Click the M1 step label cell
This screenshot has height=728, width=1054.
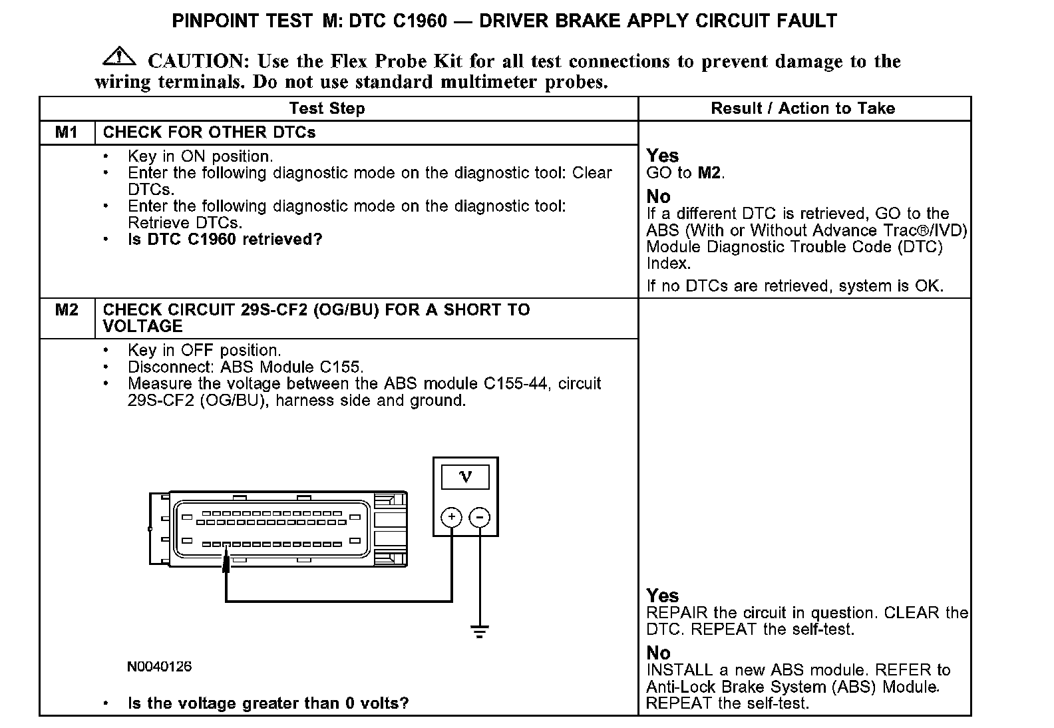coord(67,132)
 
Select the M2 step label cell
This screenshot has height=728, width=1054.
coord(67,310)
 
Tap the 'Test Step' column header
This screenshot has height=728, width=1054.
coord(327,108)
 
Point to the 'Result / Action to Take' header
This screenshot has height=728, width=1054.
coord(802,108)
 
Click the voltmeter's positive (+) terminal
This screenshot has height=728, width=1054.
coord(451,517)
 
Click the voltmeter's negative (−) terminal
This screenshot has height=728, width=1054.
coord(480,517)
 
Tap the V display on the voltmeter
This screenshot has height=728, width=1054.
coord(465,476)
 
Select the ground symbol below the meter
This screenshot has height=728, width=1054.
coord(479,631)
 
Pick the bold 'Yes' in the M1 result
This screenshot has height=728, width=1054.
coord(662,156)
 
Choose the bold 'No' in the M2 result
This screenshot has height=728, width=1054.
coord(658,653)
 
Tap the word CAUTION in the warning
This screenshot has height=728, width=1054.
coord(198,61)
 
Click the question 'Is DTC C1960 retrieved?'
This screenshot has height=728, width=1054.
coord(225,240)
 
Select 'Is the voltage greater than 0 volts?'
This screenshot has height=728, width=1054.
coord(268,703)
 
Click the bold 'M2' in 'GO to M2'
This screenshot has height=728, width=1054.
coord(709,173)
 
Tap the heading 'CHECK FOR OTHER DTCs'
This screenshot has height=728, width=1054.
coord(209,132)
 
